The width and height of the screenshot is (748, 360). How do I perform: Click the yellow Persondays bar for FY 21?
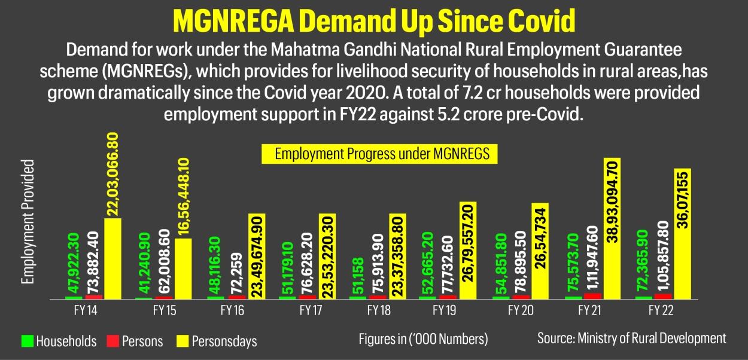[x=615, y=228]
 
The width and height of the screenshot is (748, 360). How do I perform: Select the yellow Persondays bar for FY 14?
[x=112, y=258]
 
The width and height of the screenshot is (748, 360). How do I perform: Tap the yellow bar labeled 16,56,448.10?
[x=183, y=269]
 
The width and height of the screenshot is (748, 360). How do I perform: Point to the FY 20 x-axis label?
[x=520, y=312]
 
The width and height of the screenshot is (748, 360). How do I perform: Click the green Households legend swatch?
[x=28, y=341]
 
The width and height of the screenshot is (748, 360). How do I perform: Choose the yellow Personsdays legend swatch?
[x=183, y=341]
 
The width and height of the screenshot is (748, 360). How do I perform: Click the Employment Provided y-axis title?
[x=27, y=221]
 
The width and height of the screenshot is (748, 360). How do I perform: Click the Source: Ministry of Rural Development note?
[x=631, y=338]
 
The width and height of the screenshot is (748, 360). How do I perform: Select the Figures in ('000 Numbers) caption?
[x=423, y=339]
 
